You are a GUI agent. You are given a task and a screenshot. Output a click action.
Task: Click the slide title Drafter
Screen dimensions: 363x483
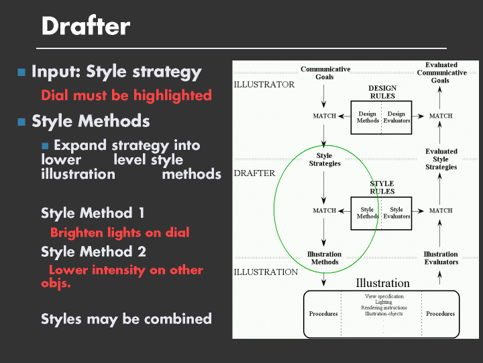pyautogui.click(x=85, y=27)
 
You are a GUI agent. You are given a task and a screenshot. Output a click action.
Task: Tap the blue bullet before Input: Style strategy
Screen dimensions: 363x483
pyautogui.click(x=21, y=72)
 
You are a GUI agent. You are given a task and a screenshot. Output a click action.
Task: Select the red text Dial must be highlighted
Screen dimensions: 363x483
pyautogui.click(x=126, y=95)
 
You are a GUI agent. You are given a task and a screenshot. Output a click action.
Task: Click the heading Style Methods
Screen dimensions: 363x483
pyautogui.click(x=91, y=122)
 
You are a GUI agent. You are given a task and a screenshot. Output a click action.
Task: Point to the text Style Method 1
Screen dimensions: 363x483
pyautogui.click(x=93, y=213)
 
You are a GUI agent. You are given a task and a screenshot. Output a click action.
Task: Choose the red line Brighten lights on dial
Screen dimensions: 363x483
pyautogui.click(x=119, y=233)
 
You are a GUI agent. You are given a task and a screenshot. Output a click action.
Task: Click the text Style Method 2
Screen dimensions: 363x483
pyautogui.click(x=93, y=252)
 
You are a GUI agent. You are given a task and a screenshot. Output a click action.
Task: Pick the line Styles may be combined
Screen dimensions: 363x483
pyautogui.click(x=126, y=319)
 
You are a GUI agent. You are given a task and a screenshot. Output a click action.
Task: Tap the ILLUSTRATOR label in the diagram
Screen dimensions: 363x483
pyautogui.click(x=264, y=85)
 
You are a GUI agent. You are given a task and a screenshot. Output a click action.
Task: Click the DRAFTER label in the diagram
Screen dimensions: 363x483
pyautogui.click(x=254, y=173)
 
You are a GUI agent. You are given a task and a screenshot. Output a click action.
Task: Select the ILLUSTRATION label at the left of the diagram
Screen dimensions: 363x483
pyautogui.click(x=266, y=272)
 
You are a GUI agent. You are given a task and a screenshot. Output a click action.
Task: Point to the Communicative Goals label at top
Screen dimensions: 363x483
pyautogui.click(x=325, y=73)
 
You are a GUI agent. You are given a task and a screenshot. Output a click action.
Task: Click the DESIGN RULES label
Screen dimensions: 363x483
pyautogui.click(x=382, y=92)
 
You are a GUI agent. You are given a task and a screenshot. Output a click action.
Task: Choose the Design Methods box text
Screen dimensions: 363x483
pyautogui.click(x=367, y=118)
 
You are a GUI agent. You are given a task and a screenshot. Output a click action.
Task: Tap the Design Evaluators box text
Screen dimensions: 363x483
pyautogui.click(x=396, y=118)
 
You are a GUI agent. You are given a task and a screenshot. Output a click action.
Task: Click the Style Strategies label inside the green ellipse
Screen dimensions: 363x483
pyautogui.click(x=324, y=160)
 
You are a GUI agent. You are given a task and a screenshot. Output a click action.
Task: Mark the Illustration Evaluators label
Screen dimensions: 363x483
pyautogui.click(x=441, y=258)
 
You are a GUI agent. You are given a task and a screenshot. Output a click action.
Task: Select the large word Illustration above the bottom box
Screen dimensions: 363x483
pyautogui.click(x=382, y=283)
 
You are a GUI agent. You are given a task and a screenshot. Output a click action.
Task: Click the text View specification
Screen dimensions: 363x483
pyautogui.click(x=384, y=296)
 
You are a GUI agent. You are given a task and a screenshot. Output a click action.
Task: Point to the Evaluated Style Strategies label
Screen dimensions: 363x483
pyautogui.click(x=441, y=159)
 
